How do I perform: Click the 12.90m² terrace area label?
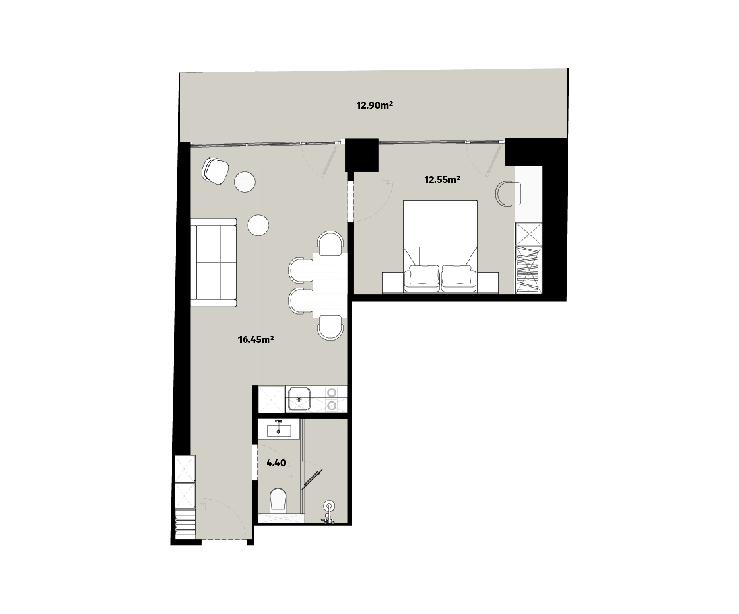pyautogui.click(x=375, y=105)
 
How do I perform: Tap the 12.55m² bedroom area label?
pyautogui.click(x=442, y=180)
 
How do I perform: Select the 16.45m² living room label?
pyautogui.click(x=256, y=340)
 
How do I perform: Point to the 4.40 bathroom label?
pyautogui.click(x=276, y=463)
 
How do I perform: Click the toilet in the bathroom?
pyautogui.click(x=278, y=500)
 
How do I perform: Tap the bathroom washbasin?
pyautogui.click(x=279, y=431)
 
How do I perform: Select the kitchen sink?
pyautogui.click(x=299, y=399)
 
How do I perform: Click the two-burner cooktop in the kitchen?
pyautogui.click(x=332, y=399)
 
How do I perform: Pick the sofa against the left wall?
pyautogui.click(x=213, y=262)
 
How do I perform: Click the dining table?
pyautogui.click(x=330, y=285)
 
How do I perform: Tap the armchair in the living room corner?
pyautogui.click(x=215, y=171)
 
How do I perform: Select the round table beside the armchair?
pyautogui.click(x=245, y=182)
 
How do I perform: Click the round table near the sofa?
pyautogui.click(x=258, y=225)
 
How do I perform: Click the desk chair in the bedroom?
pyautogui.click(x=508, y=193)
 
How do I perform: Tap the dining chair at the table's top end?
pyautogui.click(x=331, y=243)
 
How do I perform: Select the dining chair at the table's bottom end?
pyautogui.click(x=331, y=328)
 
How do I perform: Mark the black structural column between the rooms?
pyautogui.click(x=362, y=155)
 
